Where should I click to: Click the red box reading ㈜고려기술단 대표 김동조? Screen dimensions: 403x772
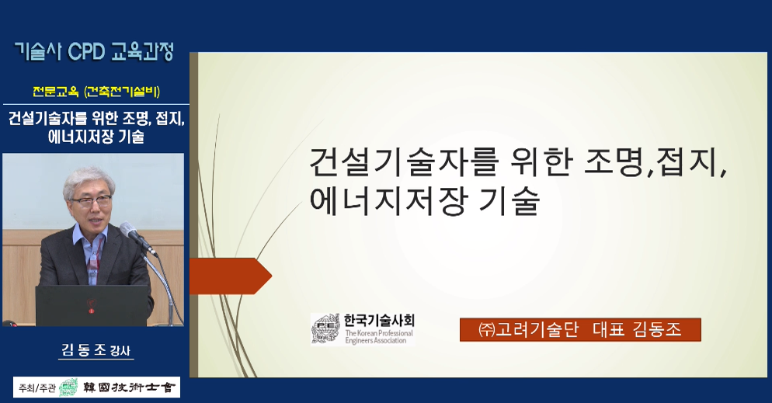(x=579, y=329)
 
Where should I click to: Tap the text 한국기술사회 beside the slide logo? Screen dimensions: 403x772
(x=379, y=320)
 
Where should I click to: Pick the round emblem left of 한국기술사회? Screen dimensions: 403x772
(x=325, y=328)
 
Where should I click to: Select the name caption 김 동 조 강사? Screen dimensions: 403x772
(x=97, y=350)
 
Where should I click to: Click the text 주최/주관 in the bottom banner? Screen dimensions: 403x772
(x=37, y=387)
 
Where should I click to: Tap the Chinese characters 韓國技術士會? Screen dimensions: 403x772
(x=127, y=387)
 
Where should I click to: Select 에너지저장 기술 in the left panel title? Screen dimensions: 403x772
(x=97, y=137)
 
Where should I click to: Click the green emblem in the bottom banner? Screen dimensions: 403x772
(x=68, y=387)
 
